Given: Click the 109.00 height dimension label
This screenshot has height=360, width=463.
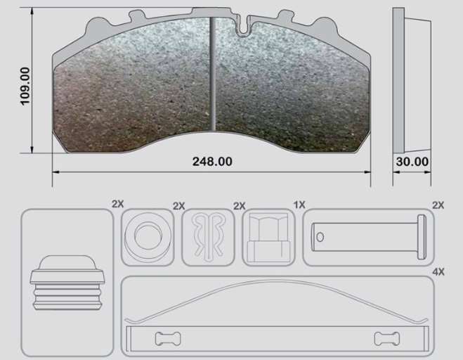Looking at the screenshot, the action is [25, 86].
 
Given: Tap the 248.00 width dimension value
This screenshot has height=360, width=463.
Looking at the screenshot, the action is [212, 162].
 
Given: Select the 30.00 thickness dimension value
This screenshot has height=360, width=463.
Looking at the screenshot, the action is [412, 162].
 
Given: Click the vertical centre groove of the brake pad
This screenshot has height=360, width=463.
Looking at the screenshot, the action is [213, 74].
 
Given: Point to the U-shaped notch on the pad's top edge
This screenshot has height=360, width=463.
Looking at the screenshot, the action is [242, 26].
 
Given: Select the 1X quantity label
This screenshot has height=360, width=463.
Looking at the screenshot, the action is [299, 205].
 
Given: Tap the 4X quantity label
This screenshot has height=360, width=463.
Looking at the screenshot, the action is [438, 271].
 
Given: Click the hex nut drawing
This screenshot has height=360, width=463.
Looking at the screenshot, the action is [268, 238].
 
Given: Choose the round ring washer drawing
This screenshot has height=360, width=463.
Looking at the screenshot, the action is [148, 237].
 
